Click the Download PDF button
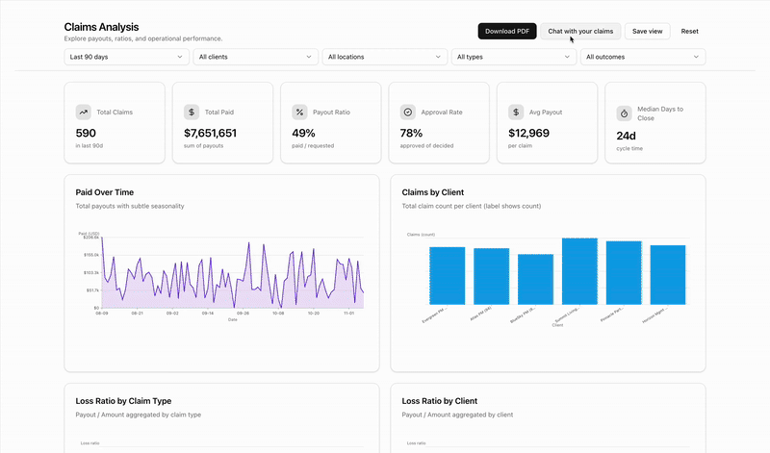click(x=507, y=31)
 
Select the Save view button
click(x=647, y=31)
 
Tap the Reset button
click(x=689, y=31)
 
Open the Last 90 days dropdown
click(x=126, y=57)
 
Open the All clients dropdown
click(x=255, y=57)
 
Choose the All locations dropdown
click(x=384, y=57)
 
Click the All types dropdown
click(x=513, y=57)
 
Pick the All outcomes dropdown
click(x=642, y=57)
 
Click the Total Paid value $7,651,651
click(x=210, y=134)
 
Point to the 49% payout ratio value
click(x=303, y=134)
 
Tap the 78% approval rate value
click(x=411, y=134)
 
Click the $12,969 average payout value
click(x=528, y=134)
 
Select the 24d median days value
click(x=626, y=136)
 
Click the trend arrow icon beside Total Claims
click(x=84, y=113)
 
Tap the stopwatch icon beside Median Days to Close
click(x=624, y=113)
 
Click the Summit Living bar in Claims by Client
click(x=579, y=271)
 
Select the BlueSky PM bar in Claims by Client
click(x=535, y=279)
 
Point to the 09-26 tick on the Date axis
click(x=243, y=313)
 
